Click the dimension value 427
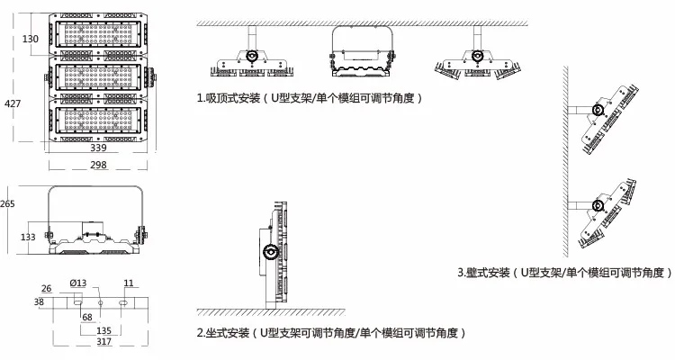point(13,105)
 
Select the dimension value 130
point(30,39)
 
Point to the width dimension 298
point(98,166)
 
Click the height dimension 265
point(8,203)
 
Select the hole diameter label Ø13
point(77,284)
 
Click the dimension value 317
point(98,342)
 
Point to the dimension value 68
point(86,317)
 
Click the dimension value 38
point(39,303)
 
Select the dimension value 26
point(47,288)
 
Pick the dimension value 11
point(129,283)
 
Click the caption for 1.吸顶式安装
point(310,96)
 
